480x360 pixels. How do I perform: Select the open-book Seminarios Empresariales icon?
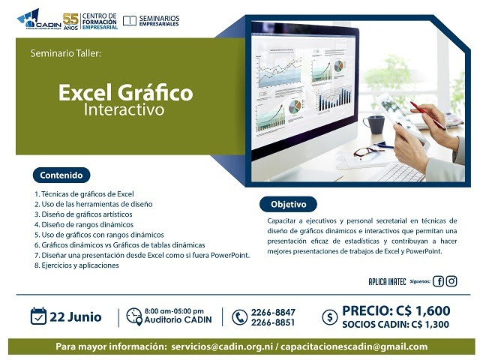[x=129, y=19]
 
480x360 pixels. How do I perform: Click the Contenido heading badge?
[x=61, y=175]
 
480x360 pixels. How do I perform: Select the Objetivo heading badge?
[x=288, y=203]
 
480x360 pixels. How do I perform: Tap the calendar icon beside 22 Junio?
[x=39, y=316]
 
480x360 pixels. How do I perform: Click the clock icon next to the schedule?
[x=133, y=313]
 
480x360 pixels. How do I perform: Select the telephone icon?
[x=239, y=317]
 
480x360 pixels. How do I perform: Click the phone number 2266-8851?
[x=274, y=323]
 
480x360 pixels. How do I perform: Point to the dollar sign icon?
[x=328, y=317]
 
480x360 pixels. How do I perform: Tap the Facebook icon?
[x=439, y=281]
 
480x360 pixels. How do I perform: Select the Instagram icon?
[x=451, y=281]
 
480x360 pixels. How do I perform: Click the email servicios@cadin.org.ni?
[x=222, y=346]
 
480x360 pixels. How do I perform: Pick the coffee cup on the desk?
[x=373, y=123]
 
